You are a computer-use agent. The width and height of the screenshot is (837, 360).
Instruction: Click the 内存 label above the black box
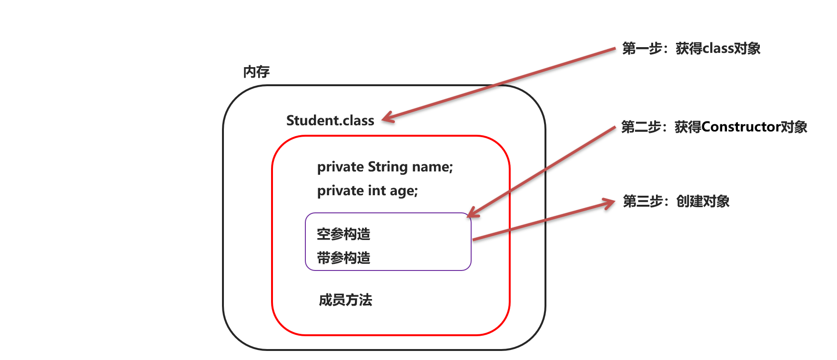tap(256, 72)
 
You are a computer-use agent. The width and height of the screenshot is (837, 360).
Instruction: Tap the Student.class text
tap(330, 120)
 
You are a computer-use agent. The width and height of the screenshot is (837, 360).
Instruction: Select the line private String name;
tap(385, 167)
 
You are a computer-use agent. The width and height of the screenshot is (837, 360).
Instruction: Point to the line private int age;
tap(367, 190)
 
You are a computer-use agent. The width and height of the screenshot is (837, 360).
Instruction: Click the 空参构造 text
tap(343, 234)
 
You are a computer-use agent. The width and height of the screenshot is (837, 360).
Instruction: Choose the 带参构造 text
tap(343, 258)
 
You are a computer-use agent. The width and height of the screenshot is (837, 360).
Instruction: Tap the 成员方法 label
tap(345, 300)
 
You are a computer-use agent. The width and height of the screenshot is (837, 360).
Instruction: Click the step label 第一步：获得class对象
tap(691, 49)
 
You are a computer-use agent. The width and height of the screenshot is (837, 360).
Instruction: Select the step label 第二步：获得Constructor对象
tap(714, 127)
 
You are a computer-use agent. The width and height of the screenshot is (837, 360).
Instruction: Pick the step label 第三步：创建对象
tap(676, 201)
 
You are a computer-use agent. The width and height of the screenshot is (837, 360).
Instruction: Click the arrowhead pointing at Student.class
tap(388, 118)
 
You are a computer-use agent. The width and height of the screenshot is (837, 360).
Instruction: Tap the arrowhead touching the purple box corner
tap(473, 212)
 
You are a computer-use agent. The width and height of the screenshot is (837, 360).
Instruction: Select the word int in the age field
tap(377, 190)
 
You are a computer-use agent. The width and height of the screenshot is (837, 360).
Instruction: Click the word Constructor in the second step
tap(741, 127)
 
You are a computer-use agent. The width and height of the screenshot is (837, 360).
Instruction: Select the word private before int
tap(341, 190)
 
